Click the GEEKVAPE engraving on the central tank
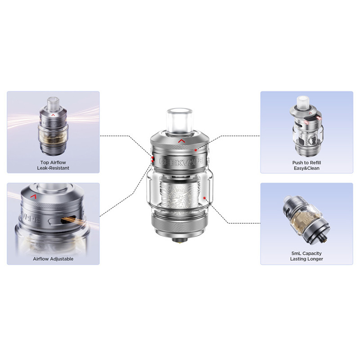(x=181, y=161)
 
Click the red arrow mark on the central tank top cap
(x=181, y=141)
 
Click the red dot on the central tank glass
(x=204, y=198)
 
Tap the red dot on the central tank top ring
(x=195, y=150)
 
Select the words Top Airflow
(x=53, y=162)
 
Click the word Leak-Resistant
(x=53, y=168)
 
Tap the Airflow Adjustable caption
(x=53, y=259)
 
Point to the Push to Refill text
(x=306, y=162)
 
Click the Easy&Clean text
(x=306, y=168)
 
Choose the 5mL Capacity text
(x=306, y=253)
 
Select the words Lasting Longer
(x=306, y=259)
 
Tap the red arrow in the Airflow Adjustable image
(x=35, y=196)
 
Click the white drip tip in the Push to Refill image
(x=303, y=102)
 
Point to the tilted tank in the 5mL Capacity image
(x=306, y=220)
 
